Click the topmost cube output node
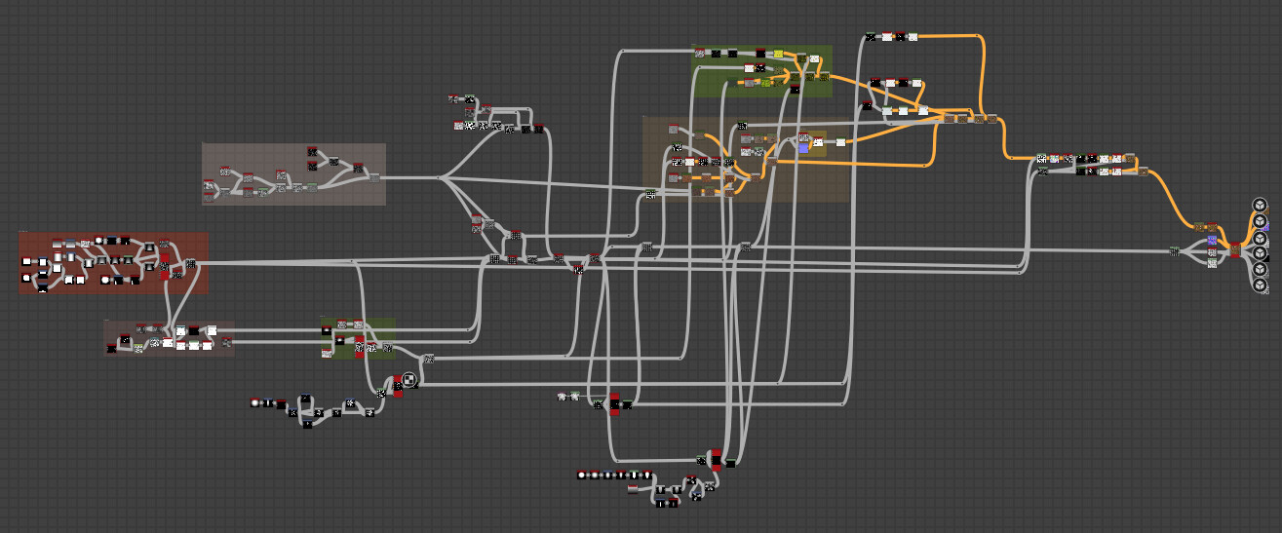point(1260,205)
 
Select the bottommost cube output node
point(1260,286)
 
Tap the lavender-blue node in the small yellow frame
point(803,148)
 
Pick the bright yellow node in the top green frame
point(778,54)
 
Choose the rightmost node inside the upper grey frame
point(372,176)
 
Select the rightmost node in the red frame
point(190,264)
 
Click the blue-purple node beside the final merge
point(1212,240)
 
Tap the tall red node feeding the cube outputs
point(1235,249)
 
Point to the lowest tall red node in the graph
point(716,460)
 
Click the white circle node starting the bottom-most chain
point(582,475)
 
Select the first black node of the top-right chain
point(871,37)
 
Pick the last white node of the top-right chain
point(913,37)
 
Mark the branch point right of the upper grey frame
point(441,177)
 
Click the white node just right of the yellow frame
point(840,142)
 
